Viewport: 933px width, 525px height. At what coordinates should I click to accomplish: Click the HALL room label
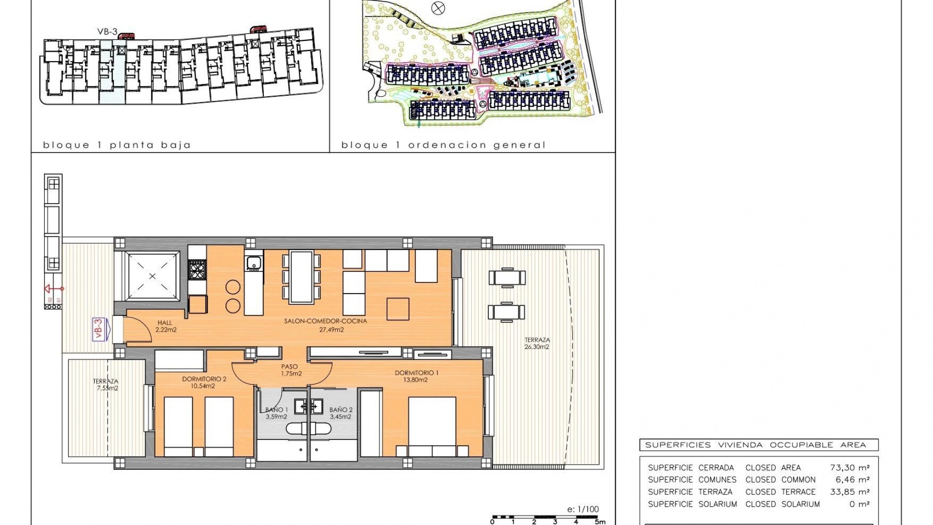click(x=165, y=323)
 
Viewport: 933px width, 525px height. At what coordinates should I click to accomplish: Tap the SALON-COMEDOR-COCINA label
click(x=326, y=321)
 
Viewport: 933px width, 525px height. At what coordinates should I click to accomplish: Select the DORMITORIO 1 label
click(x=416, y=373)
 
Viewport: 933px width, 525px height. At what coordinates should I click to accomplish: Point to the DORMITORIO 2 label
click(x=204, y=379)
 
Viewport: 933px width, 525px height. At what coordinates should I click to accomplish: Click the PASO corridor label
click(x=290, y=367)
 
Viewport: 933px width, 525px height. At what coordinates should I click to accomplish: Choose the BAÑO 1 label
click(x=276, y=410)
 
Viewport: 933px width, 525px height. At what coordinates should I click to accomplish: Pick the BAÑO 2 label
click(x=341, y=410)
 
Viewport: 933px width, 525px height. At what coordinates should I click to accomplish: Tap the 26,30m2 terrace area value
click(x=536, y=347)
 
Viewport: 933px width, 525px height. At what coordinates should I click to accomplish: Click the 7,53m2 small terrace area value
click(x=107, y=388)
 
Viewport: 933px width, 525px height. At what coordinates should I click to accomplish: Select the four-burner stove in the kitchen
click(x=197, y=270)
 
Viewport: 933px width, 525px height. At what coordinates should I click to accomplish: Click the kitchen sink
click(x=254, y=263)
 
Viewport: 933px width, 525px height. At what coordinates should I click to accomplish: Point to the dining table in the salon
click(x=302, y=277)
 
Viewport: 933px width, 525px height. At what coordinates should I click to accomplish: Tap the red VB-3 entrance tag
click(x=99, y=329)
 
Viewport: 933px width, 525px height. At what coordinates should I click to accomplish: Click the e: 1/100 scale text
click(x=583, y=509)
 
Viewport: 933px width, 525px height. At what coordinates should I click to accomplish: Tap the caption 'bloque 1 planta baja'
click(x=117, y=145)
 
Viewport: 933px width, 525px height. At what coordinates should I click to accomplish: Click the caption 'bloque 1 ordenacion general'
click(x=443, y=145)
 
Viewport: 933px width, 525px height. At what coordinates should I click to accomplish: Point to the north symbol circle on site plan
click(x=438, y=8)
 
